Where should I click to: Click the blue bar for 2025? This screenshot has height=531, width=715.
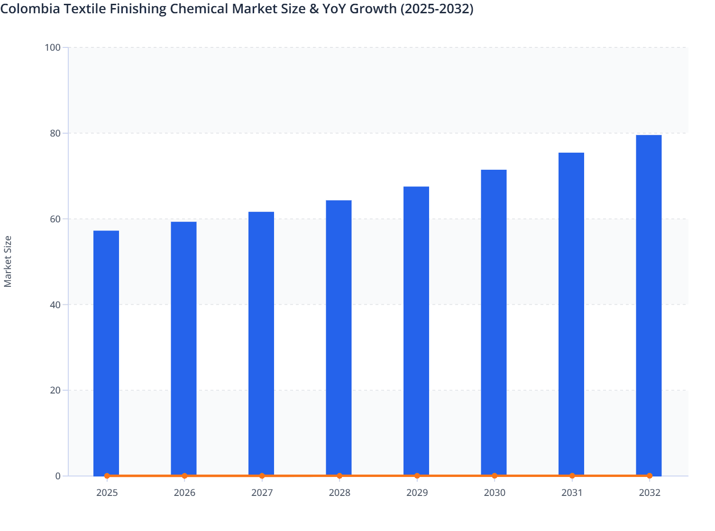[x=106, y=353]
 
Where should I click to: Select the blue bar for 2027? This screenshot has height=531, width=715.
[x=261, y=343]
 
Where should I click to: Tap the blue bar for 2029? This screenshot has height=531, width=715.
[x=416, y=331]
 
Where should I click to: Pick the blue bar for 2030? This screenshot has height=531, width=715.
[x=494, y=322]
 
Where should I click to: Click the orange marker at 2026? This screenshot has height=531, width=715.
[x=184, y=476]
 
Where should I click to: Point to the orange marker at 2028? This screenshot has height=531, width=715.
[x=339, y=476]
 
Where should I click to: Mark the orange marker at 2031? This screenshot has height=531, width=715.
[x=572, y=476]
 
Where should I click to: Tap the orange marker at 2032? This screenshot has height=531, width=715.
[x=649, y=476]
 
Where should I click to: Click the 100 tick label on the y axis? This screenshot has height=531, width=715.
[x=53, y=47]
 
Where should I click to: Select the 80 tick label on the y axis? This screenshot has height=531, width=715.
[x=55, y=133]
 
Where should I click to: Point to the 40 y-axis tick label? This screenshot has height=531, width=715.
[x=55, y=304]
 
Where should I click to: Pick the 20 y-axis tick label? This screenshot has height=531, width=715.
[x=55, y=390]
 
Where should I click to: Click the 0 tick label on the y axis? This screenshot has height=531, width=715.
[x=58, y=476]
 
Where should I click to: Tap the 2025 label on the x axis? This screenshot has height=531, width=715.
[x=107, y=493]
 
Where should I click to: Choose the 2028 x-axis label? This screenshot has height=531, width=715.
[x=339, y=493]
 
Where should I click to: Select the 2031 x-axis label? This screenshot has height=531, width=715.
[x=572, y=493]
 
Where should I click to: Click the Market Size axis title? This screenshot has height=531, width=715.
[x=8, y=261]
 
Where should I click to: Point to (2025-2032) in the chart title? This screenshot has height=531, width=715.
[x=437, y=9]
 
